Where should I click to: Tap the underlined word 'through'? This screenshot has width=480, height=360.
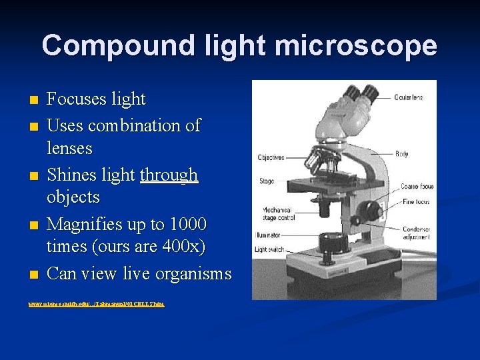coord(169,175)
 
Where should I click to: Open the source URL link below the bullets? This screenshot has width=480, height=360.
coord(97,304)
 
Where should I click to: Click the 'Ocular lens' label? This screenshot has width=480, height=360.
coord(409,97)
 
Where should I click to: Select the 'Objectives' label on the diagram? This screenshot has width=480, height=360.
coord(271,158)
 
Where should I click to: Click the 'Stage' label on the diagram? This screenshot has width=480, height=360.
coord(266,181)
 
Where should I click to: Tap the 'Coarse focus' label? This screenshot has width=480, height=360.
coord(417,187)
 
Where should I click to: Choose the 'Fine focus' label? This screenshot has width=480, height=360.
coord(416,202)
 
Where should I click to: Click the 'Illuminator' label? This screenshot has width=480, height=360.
coord(267,235)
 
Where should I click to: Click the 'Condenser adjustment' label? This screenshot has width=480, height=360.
coord(417,233)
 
